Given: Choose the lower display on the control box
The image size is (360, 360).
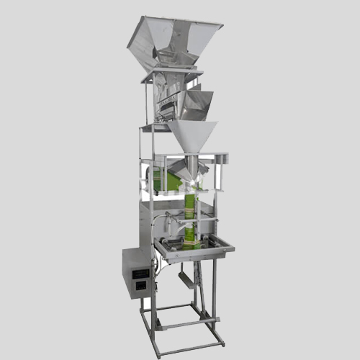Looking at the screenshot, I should tap(138, 283).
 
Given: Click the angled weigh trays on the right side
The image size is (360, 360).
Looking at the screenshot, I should tap(196, 104).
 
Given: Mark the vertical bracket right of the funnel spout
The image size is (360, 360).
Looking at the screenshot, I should tap(222, 173).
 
